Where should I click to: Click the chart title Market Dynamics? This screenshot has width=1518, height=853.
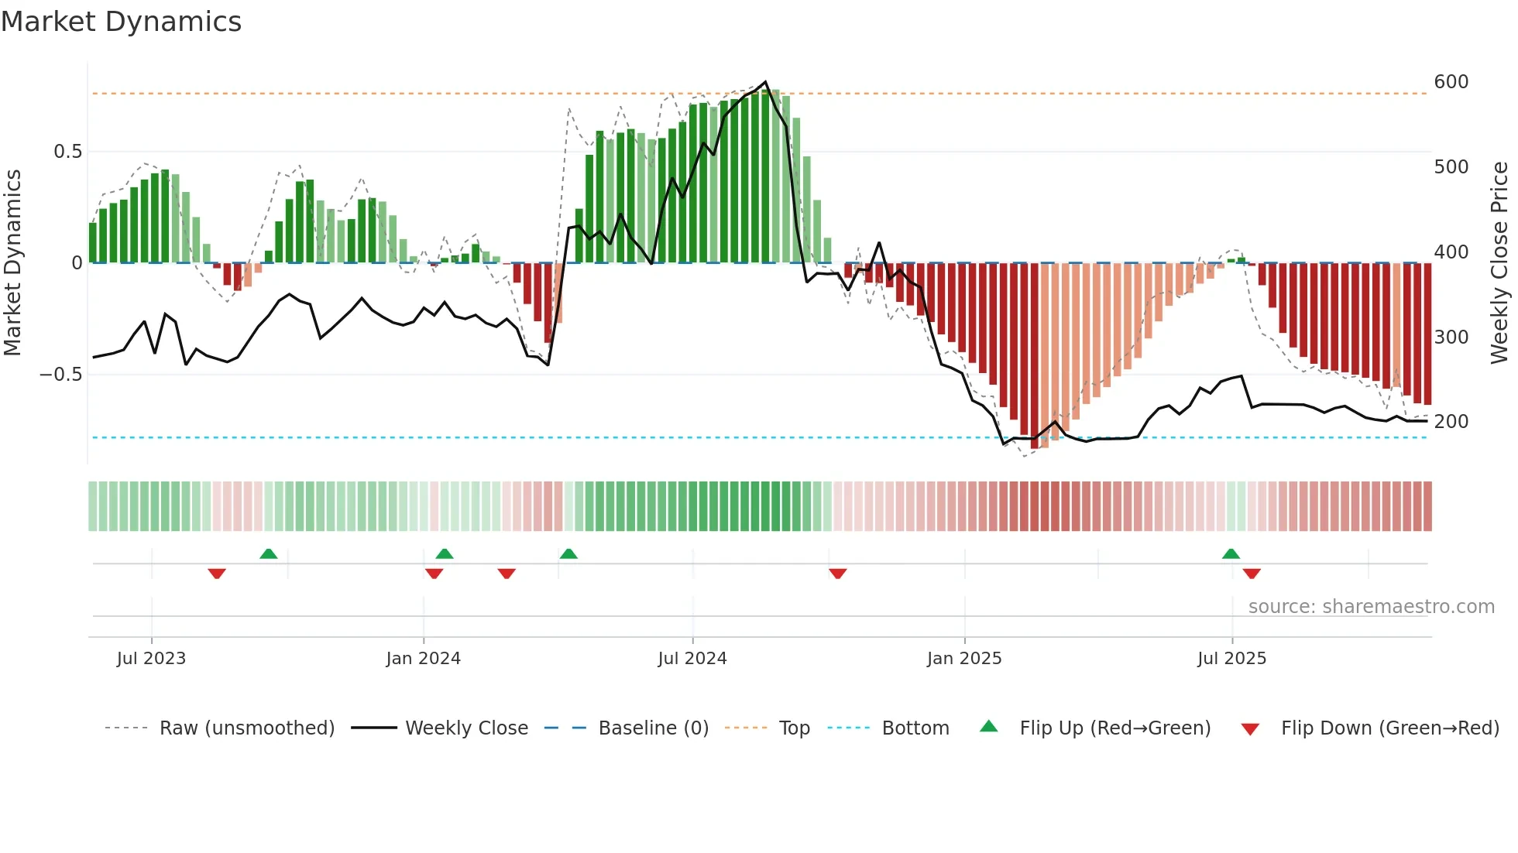coord(121,22)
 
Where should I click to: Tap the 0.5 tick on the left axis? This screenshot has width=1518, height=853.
coord(67,152)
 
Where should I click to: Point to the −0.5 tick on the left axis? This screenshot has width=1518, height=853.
coord(60,375)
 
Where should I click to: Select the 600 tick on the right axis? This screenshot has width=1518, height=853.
coord(1451,82)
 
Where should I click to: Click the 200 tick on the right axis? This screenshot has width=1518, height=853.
coord(1451,422)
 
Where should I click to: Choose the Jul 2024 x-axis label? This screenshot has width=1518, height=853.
coord(692,659)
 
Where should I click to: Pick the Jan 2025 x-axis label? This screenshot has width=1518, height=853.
coord(963,659)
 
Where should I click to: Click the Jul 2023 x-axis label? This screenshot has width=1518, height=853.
coord(151,659)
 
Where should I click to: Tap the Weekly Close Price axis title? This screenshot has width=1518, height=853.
coord(1499,263)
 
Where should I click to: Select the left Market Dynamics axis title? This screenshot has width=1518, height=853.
coord(12,263)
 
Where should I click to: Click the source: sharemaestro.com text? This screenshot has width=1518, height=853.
coord(1371,607)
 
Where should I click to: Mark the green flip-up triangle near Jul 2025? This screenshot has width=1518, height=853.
coord(1231,554)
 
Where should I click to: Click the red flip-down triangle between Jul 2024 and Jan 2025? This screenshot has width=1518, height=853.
coord(837,574)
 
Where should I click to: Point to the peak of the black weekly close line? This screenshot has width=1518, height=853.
coord(765,82)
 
